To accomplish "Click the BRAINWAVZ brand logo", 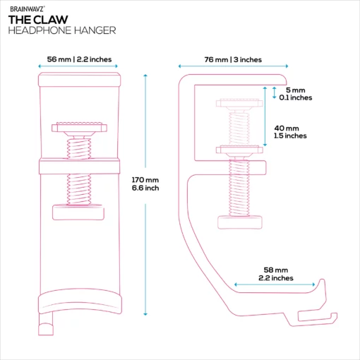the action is pos(27,9).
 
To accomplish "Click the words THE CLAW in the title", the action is pos(38,20).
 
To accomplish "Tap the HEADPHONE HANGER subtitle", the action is pos(62,30).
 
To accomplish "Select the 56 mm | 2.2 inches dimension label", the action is pos(79,59).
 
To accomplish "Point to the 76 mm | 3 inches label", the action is pos(233,59).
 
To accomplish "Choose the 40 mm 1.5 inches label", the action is pos(290,132).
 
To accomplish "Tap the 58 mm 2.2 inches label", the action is pos(276,274).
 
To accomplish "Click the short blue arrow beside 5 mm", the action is pos(274,92).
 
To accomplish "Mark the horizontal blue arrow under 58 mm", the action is pos(275,284).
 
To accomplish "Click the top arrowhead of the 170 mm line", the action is pos(145,76).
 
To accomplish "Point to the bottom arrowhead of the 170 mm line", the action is pos(145,314).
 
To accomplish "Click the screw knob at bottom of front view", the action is pos(78,212).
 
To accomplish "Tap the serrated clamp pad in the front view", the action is pos(79,127).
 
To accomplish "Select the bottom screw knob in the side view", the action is pos(240,222).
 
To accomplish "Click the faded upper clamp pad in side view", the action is pos(239,103).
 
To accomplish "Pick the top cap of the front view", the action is pos(79,80).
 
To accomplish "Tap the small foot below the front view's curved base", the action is pos(46,329).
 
